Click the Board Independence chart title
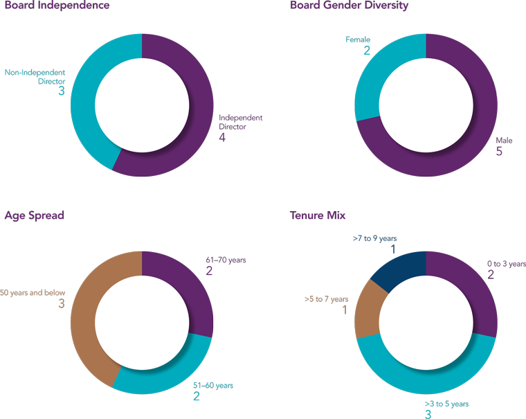[57, 6]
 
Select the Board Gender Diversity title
[350, 6]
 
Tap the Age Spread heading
[35, 216]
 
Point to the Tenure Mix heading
[318, 216]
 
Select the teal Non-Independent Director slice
[84, 97]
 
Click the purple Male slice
[471, 139]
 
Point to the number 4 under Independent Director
[222, 138]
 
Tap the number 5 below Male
[499, 151]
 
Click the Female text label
[358, 40]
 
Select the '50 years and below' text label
[33, 293]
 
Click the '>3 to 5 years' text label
[446, 404]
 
